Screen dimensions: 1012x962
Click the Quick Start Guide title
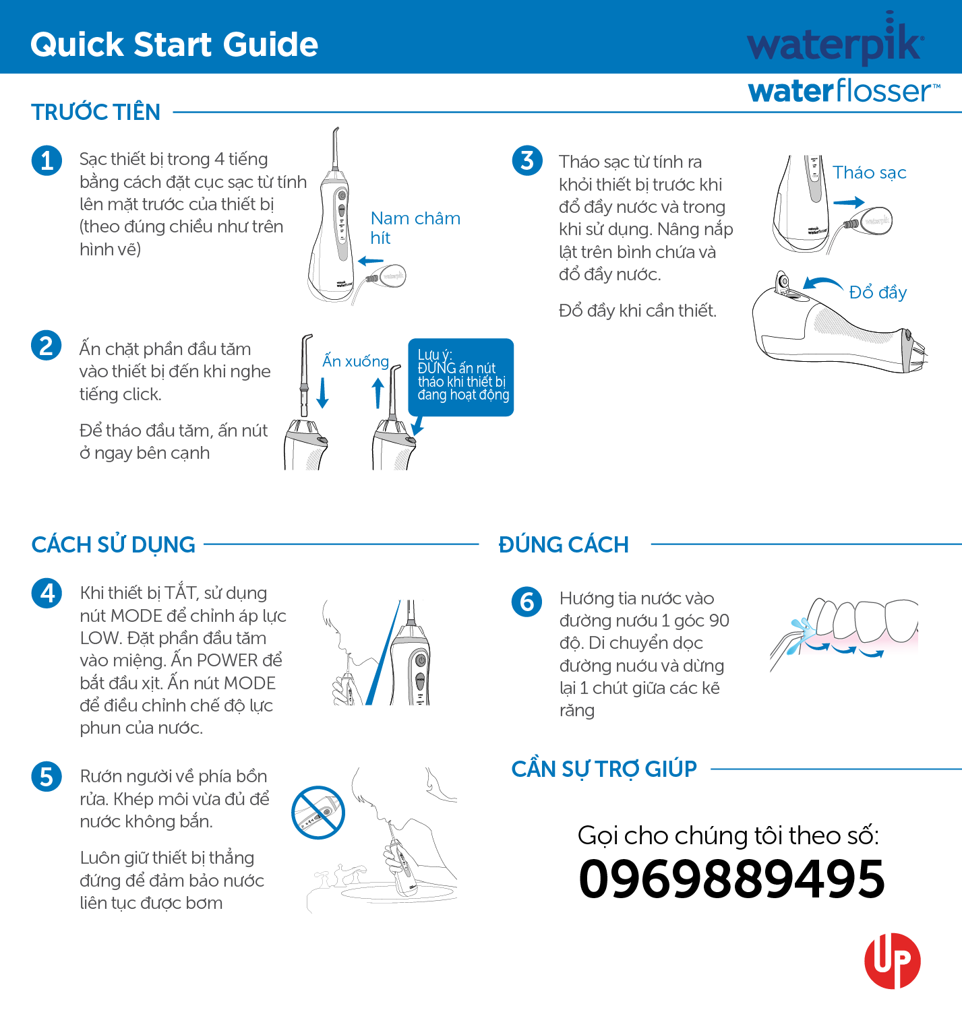point(174,44)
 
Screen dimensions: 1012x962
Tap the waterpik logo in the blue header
point(835,42)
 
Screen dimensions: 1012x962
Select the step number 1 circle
point(47,160)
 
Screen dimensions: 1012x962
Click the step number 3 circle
point(527,160)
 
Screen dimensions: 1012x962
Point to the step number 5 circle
point(47,776)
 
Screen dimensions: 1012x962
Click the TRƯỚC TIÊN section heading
point(96,112)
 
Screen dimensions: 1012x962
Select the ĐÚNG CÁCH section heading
point(564,544)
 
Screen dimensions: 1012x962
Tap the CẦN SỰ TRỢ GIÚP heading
point(604,769)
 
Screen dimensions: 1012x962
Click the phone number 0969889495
point(731,879)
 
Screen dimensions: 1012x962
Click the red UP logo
point(892,961)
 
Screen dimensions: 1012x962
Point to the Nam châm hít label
point(415,228)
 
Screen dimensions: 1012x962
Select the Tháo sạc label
point(869,172)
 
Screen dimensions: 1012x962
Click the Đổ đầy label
point(878,292)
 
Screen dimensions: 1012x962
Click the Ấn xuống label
point(355,361)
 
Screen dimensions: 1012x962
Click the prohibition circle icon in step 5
point(318,813)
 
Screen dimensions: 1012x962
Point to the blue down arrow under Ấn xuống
point(323,393)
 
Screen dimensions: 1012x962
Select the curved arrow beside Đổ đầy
point(822,282)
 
